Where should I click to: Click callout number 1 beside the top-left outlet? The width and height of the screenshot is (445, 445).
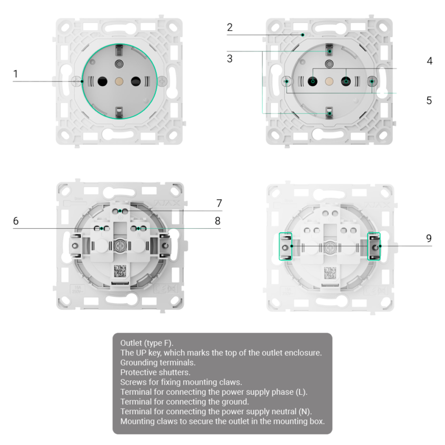point(16,74)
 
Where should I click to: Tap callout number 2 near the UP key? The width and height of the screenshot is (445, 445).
point(229,28)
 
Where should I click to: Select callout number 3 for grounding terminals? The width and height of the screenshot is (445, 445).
point(229,59)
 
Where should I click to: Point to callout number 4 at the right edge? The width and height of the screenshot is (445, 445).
point(429,61)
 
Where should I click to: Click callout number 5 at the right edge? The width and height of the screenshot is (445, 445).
point(429,101)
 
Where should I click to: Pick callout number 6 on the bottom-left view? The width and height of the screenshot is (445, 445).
point(16,221)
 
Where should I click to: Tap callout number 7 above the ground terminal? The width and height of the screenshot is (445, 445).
point(219,203)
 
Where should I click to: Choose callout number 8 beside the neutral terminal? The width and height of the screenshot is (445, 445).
point(217,221)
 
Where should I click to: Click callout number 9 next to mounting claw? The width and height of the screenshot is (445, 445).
point(429,239)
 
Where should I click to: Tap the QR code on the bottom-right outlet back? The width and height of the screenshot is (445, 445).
point(330,273)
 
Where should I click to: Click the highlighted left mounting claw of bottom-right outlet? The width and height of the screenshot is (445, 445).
point(286,247)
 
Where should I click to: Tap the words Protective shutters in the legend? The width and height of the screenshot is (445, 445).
point(155,372)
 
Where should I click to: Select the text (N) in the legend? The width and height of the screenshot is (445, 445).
point(305,412)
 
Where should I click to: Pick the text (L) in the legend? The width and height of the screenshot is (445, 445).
point(300,392)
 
